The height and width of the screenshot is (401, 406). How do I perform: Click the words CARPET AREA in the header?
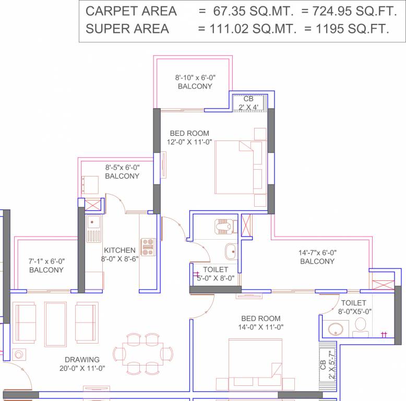coord(131,11)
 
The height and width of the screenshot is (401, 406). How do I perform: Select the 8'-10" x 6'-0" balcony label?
coord(195,81)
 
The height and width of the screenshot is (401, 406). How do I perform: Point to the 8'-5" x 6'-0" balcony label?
coord(122,172)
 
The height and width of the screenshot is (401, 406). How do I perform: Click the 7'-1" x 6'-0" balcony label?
coord(46,265)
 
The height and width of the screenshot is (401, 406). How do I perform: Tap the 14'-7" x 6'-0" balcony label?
coord(317,256)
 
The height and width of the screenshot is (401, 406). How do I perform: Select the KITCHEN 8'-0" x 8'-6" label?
coord(120,254)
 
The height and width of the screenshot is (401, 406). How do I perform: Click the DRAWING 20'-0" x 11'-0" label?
coord(82,363)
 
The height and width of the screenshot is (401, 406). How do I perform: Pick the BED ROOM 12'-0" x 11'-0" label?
coord(189,137)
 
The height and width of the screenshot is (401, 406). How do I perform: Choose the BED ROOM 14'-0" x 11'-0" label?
coord(260,323)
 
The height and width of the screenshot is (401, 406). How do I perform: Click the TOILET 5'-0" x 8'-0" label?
coord(216,274)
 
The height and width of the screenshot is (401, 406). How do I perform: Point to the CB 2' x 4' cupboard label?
coord(248,103)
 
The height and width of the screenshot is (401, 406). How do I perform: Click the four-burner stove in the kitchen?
coord(148,246)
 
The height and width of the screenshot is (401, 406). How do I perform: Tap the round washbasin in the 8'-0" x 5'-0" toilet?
coord(336,330)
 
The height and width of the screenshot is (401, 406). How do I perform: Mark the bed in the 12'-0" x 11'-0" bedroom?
coord(238,167)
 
